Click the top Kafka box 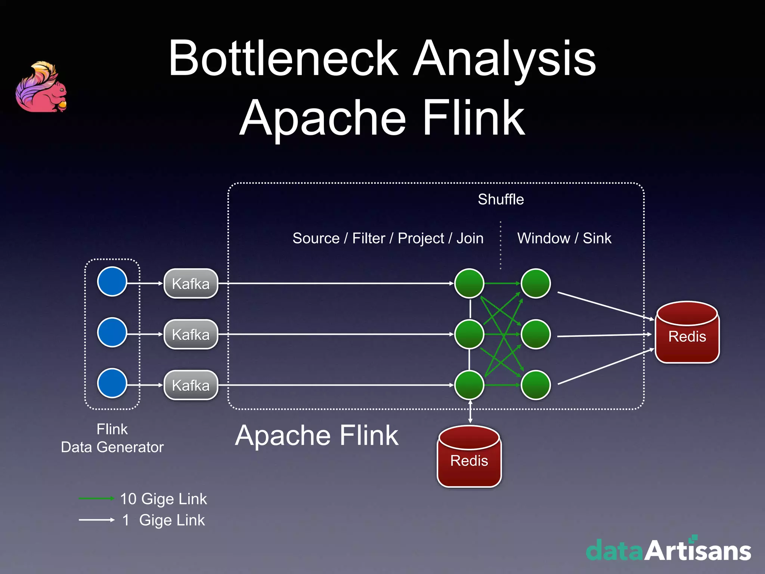click(x=191, y=283)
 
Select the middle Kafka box click(x=191, y=334)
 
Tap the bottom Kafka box click(x=191, y=385)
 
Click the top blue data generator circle click(x=112, y=281)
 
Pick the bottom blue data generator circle click(x=112, y=383)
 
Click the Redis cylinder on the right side click(x=687, y=333)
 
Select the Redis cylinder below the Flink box click(x=469, y=457)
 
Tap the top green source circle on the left click(x=469, y=283)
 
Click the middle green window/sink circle click(x=536, y=334)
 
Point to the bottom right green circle click(x=536, y=385)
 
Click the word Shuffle click(x=501, y=200)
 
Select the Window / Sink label click(x=564, y=238)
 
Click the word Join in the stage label click(x=470, y=238)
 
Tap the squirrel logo click(x=41, y=87)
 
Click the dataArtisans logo click(x=668, y=550)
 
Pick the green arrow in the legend click(x=96, y=498)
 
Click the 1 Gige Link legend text click(x=164, y=520)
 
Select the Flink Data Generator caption click(x=112, y=438)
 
